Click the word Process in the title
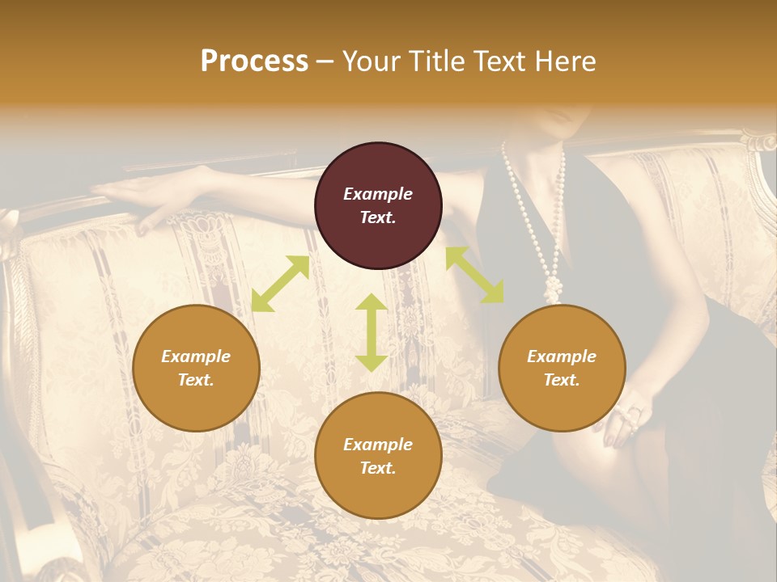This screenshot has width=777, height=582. [254, 61]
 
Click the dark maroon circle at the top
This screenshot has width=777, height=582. [378, 205]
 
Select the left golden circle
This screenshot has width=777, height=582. [196, 368]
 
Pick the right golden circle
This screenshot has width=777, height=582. [562, 368]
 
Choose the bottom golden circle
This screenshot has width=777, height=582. [378, 456]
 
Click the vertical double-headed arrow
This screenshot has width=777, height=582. [372, 332]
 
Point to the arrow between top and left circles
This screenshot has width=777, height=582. [280, 284]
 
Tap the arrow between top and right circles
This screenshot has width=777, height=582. [474, 275]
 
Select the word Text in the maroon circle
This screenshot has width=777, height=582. [378, 217]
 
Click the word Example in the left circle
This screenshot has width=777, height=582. [196, 356]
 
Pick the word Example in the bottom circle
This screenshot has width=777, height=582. [378, 445]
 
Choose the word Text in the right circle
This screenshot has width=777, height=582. [562, 380]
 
